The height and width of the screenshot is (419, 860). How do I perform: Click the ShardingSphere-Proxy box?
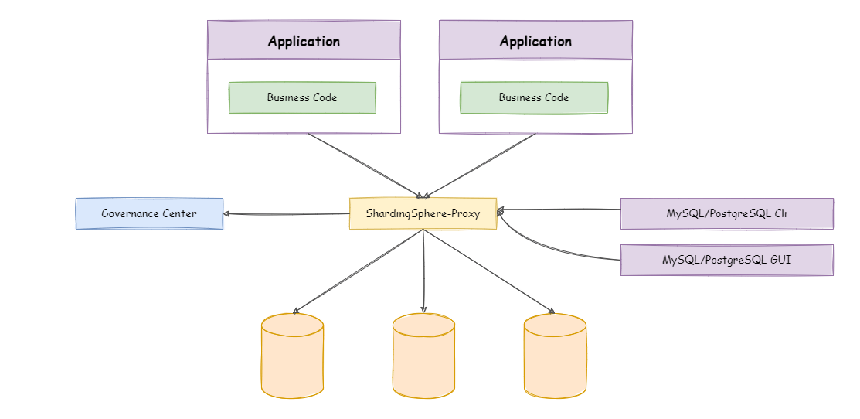coord(423,213)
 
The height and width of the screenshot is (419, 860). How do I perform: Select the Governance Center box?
coord(149,213)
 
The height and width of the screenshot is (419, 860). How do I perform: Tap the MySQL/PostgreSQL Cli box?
coord(726,213)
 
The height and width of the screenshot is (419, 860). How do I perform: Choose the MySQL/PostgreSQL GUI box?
coord(726,260)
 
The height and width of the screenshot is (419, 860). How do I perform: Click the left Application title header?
coord(304,41)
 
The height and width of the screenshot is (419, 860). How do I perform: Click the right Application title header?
coord(535,41)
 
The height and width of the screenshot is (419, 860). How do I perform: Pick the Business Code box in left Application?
coord(302,97)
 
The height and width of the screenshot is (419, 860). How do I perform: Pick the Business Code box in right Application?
coord(534,97)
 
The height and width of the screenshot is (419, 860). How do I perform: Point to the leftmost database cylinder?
coord(292,356)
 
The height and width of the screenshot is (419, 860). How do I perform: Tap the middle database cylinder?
coord(423,356)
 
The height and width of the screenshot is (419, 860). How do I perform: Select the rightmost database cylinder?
coord(555,356)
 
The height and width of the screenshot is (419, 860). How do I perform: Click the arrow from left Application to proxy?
coord(363,165)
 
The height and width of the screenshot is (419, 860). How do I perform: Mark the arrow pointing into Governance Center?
coord(286,214)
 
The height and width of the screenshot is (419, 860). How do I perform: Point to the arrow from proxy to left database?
coord(358,271)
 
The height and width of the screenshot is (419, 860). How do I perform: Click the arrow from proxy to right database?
coord(488,271)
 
